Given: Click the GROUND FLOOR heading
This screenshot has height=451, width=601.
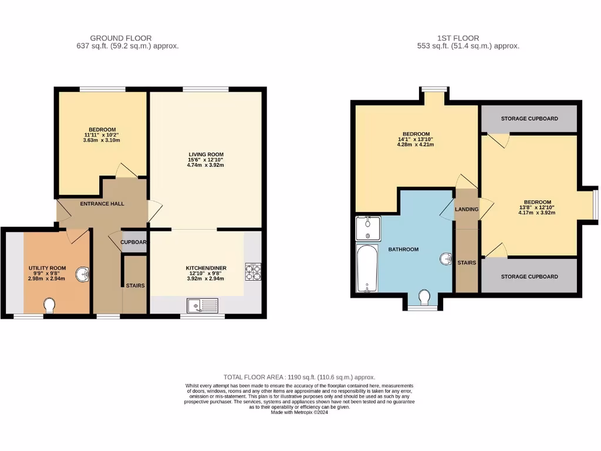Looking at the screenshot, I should point(120,38).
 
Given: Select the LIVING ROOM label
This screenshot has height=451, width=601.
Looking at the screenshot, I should point(202,154).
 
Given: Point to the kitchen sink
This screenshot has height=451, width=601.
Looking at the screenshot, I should point(202,305).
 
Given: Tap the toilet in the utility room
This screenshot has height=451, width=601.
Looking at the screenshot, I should point(50,305).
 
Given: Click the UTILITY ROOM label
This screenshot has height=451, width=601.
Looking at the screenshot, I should point(48,268).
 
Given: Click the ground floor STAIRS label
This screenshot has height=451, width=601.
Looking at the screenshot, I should point(135,286).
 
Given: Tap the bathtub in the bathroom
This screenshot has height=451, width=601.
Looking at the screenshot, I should point(366,268).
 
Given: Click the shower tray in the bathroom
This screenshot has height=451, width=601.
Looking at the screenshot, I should point(367,229).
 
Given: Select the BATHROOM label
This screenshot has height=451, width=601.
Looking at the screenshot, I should point(403,250).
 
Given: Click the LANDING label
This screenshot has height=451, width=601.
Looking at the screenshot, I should point(467,210).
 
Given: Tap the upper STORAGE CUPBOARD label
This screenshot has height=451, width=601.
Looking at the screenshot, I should point(529,119).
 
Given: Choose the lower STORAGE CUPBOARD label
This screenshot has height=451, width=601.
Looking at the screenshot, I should point(529,277).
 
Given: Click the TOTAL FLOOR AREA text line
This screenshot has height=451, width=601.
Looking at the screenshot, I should point(299,377).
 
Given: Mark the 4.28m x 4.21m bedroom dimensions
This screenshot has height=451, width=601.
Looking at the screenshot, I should point(416,145).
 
